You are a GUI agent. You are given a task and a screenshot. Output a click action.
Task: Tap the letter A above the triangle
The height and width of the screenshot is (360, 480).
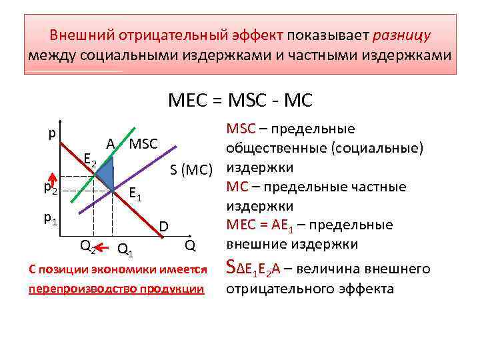coord(111,143)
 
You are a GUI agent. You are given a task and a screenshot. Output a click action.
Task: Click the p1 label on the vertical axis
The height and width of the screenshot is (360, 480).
coord(50,217)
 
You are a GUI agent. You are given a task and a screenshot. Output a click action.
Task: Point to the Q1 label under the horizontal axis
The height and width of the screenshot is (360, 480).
coord(125,250)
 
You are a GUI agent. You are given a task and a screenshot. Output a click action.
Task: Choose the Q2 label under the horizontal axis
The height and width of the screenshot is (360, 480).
coord(87,246)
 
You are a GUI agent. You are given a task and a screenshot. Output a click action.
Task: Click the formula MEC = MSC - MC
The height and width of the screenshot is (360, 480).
coord(240,101)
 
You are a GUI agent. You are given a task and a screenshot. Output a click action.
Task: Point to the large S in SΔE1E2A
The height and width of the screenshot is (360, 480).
coord(231,268)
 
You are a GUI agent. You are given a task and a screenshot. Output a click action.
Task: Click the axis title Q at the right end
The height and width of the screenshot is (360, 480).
coord(190,246)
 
